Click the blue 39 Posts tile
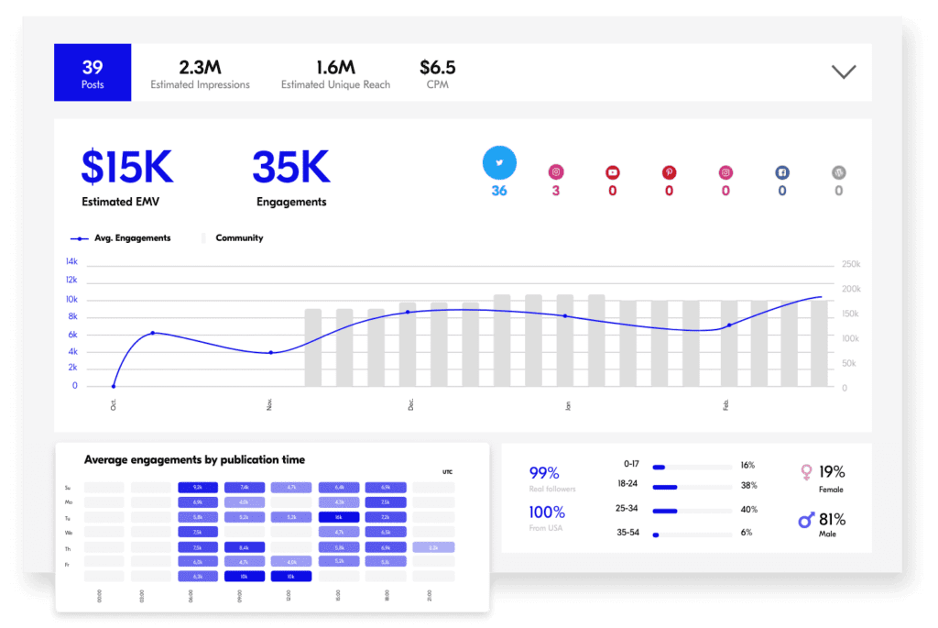point(93,72)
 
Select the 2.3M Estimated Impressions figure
point(200,68)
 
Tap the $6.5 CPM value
point(437,68)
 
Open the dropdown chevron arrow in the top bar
point(843,72)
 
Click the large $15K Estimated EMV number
point(126,167)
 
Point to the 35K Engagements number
point(290,167)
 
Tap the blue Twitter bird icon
point(499,163)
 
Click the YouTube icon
point(612,171)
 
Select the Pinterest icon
point(669,171)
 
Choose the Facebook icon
point(782,171)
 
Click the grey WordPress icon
point(838,171)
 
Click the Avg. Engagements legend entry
point(120,238)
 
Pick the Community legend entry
point(238,238)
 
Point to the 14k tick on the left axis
point(71,261)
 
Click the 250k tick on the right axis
point(851,265)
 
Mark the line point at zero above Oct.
point(114,386)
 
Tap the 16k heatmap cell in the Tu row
point(339,517)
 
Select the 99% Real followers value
point(544,473)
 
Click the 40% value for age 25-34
point(747,510)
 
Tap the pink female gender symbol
point(806,472)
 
